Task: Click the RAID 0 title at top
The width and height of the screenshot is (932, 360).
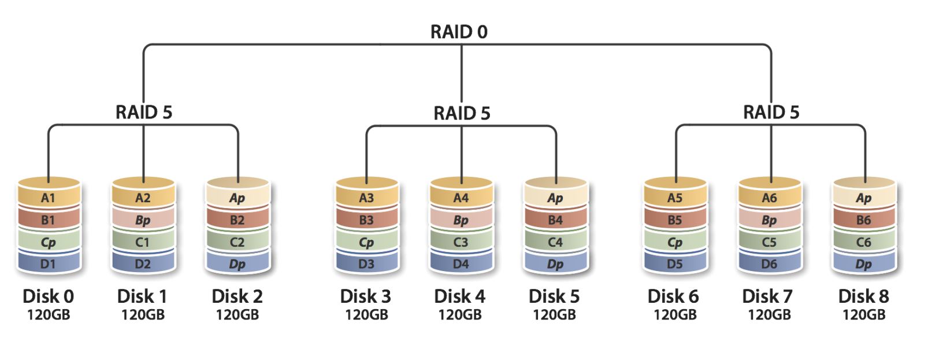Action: [x=459, y=32]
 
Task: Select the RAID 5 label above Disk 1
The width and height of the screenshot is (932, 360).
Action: [x=144, y=112]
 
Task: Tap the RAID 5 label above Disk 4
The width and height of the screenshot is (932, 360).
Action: [x=462, y=113]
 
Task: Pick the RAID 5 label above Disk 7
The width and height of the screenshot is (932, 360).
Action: [x=771, y=112]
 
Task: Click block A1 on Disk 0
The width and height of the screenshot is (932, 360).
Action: [x=48, y=198]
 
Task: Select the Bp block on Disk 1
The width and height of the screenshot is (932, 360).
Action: [x=143, y=220]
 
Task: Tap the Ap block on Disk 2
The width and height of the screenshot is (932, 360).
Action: [x=237, y=198]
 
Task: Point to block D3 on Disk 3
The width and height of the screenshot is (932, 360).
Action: [x=366, y=264]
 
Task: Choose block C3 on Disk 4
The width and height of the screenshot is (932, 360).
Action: [x=461, y=242]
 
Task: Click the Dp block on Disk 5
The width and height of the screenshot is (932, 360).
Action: [x=555, y=264]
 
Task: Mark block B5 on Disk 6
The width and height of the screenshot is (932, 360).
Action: [x=675, y=220]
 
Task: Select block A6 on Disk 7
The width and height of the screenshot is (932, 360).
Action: [x=769, y=198]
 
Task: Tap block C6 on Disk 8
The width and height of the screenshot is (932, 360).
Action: [x=864, y=242]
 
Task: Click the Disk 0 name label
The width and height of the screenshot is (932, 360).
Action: [x=48, y=296]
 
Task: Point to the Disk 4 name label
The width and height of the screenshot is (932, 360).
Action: [x=460, y=296]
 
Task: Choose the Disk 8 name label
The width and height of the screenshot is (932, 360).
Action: [x=863, y=296]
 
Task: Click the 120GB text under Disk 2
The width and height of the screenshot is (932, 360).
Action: [x=237, y=315]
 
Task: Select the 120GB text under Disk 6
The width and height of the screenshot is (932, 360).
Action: [x=675, y=315]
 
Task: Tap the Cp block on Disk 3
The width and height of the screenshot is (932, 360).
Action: [x=366, y=242]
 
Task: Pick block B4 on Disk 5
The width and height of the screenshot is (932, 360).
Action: [x=555, y=220]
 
